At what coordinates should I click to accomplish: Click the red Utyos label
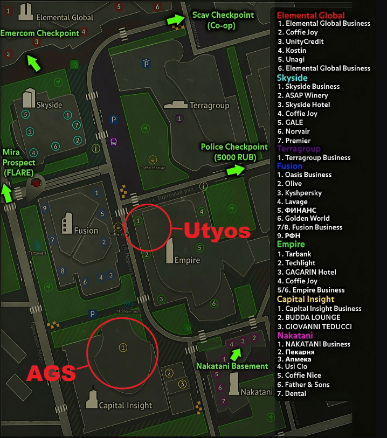coord(217,231)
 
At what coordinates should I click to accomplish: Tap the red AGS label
coord(52,373)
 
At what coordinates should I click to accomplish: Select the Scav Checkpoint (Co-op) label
coord(223,20)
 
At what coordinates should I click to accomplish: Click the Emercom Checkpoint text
coord(40,33)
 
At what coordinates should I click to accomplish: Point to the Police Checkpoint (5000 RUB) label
coord(234,152)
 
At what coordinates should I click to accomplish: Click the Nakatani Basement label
coord(232,366)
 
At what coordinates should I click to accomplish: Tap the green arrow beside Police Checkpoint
coord(234,170)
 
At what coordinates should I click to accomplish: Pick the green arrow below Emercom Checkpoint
coord(34,63)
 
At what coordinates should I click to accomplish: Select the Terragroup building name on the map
coord(210,106)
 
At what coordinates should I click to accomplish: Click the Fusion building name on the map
coord(86,231)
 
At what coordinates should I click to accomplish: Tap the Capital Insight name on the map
coord(126,405)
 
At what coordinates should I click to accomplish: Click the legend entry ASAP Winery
coord(307,95)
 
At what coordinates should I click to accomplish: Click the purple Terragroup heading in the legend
coord(299,149)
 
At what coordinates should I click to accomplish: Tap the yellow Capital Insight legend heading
coord(306,299)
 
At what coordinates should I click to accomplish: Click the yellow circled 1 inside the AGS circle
coord(123,347)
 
